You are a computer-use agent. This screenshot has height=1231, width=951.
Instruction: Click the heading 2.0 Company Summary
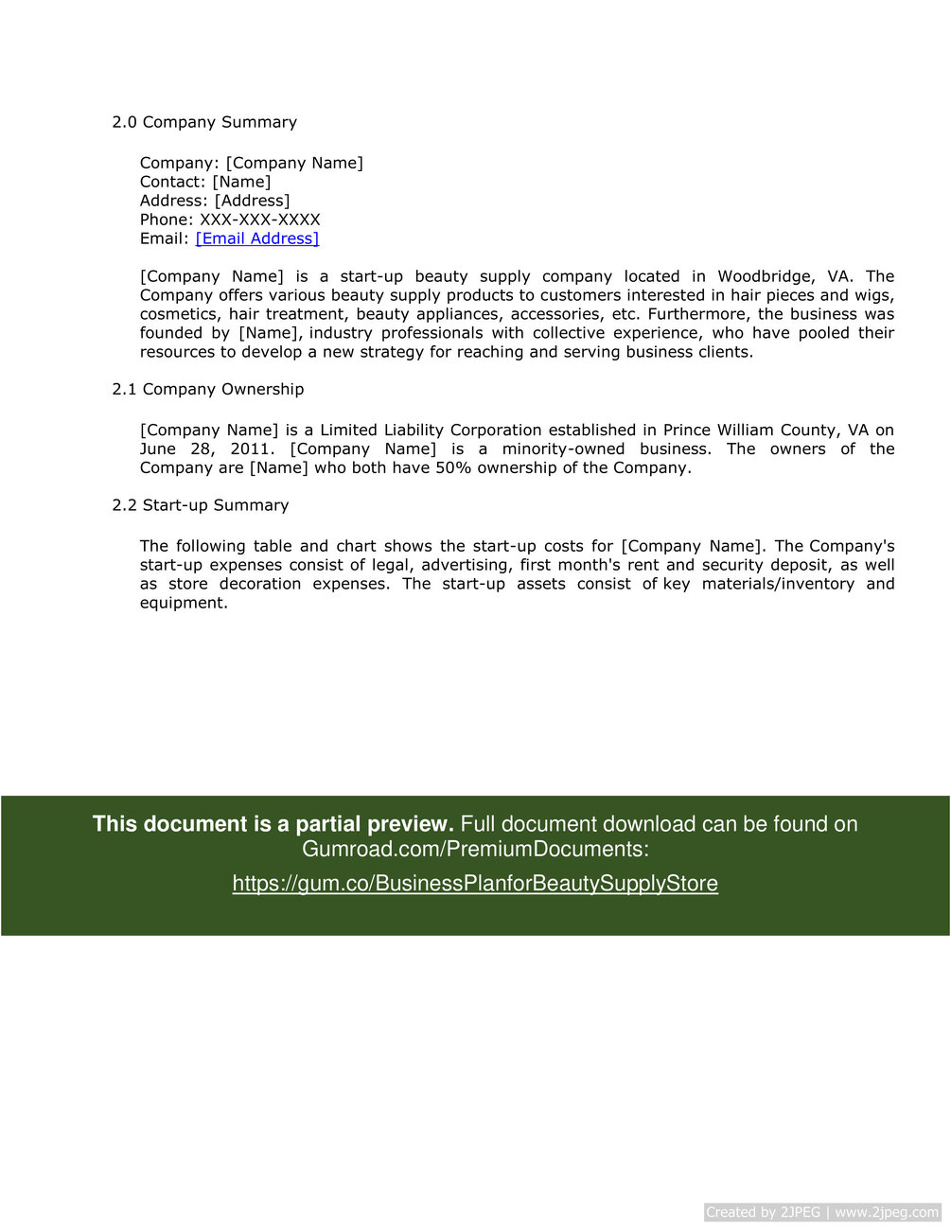click(204, 122)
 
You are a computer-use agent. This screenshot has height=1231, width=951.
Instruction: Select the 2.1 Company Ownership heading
click(208, 389)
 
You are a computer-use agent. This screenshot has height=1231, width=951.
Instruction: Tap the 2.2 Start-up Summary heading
click(201, 505)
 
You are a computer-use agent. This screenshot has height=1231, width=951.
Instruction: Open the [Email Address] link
click(257, 238)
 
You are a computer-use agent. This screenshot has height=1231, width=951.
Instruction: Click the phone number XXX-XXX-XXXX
click(260, 220)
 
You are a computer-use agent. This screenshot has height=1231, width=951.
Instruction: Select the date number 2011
click(250, 448)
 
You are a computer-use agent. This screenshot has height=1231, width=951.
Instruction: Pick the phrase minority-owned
click(563, 448)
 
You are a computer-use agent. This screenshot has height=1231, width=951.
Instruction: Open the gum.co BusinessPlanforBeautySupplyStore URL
click(475, 883)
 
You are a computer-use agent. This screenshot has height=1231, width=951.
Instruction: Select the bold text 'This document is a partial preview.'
click(273, 824)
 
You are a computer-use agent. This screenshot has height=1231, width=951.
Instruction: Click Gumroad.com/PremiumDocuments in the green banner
click(475, 849)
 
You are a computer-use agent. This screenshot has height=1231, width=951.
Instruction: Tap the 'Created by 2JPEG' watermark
click(763, 1212)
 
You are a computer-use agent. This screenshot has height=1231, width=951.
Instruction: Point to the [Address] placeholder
click(253, 201)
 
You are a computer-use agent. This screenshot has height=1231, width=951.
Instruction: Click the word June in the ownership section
click(158, 448)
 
